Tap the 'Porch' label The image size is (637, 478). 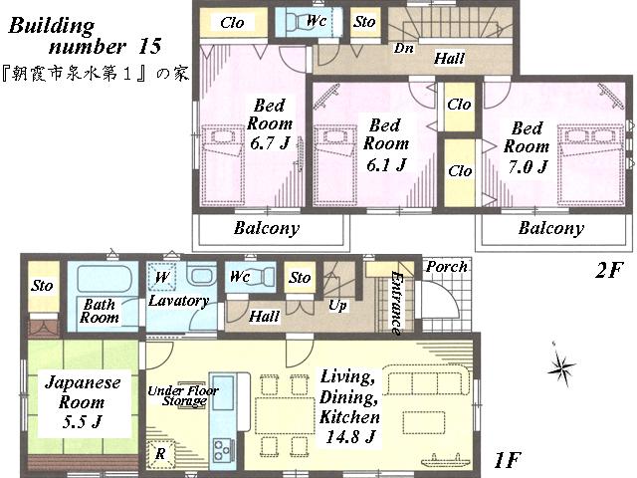[x=446, y=267]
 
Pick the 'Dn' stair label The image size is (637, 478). [x=405, y=47]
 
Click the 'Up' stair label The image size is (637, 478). [x=337, y=306]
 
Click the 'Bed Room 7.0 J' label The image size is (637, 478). [x=527, y=147]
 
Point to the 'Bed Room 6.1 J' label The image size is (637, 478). [x=384, y=145]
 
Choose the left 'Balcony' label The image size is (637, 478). [x=267, y=228]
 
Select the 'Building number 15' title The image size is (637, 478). [x=85, y=34]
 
